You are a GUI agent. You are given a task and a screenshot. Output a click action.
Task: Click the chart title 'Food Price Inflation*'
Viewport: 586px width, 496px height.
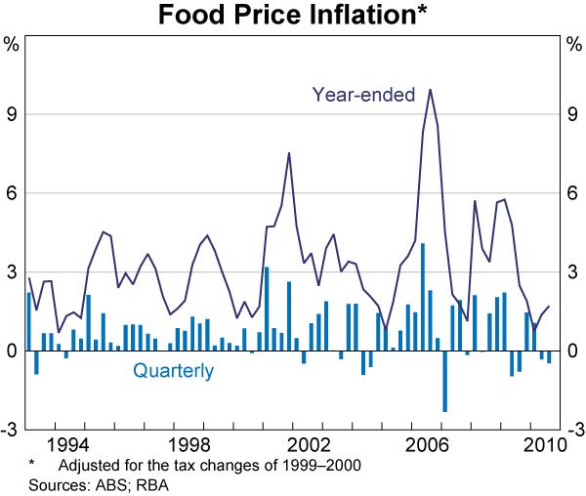tap(292, 16)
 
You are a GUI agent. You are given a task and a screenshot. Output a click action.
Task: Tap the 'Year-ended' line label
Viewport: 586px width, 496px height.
tap(363, 95)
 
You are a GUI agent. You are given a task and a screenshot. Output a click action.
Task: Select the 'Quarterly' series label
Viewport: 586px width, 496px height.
tap(173, 371)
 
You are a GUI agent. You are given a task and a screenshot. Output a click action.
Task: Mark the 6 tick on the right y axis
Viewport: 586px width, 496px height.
tap(574, 193)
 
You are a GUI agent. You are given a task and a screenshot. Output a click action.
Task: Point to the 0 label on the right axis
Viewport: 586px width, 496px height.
tap(574, 351)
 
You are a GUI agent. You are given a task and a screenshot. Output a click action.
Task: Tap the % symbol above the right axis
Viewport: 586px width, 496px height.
tap(573, 44)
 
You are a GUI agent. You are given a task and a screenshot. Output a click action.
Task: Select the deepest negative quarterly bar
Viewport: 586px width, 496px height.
tap(444, 381)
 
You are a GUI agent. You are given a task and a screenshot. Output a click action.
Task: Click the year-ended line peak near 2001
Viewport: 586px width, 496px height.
tap(289, 153)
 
